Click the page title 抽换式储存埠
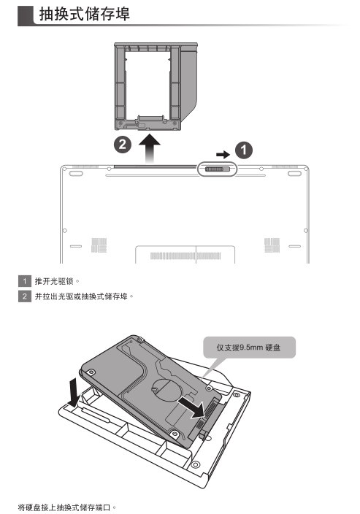tap(85, 14)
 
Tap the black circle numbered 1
tap(244, 150)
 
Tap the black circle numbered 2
tap(122, 145)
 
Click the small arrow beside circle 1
tap(223, 154)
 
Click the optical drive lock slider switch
tap(217, 169)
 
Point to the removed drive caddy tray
tap(156, 87)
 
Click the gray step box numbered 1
tap(25, 281)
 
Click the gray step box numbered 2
tap(25, 296)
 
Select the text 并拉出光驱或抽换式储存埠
tap(81, 296)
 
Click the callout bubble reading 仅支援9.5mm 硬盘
tap(249, 348)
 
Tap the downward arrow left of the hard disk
tap(74, 392)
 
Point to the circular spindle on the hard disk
tap(166, 390)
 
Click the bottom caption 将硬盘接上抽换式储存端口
tap(64, 507)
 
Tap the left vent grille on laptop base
tap(99, 245)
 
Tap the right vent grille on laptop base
tap(272, 245)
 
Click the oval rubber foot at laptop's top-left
tap(75, 173)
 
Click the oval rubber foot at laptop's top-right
tap(294, 173)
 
